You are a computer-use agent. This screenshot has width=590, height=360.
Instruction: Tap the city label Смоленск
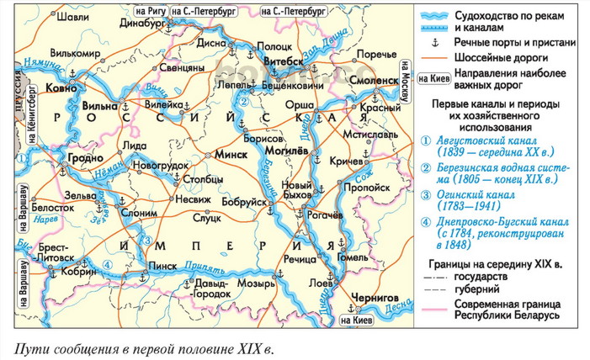[x=367, y=79]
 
